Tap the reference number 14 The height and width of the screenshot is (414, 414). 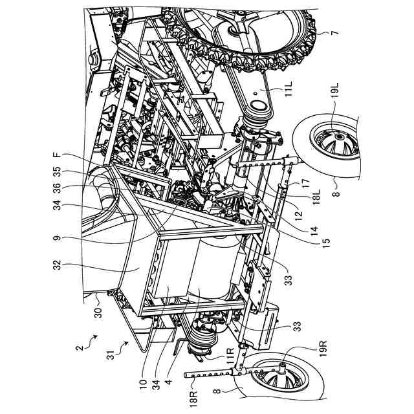pos(314,231)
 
